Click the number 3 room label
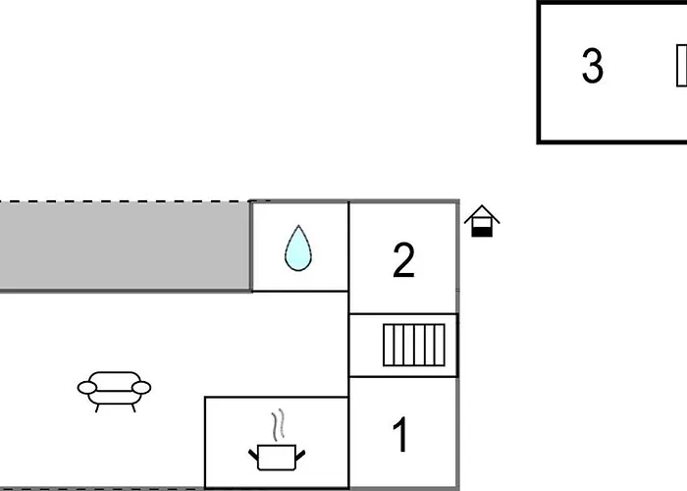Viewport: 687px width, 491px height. click(593, 66)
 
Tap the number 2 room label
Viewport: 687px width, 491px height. click(403, 260)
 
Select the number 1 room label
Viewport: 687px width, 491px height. click(400, 434)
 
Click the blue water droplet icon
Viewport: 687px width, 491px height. click(298, 248)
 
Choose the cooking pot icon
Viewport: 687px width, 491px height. click(277, 458)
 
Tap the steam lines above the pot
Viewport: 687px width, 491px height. click(279, 425)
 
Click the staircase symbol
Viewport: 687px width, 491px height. click(414, 345)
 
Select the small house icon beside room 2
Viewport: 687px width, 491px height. click(482, 221)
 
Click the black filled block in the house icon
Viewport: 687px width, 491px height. click(482, 232)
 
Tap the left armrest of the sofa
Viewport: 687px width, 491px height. click(87, 388)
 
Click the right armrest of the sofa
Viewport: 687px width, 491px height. click(141, 388)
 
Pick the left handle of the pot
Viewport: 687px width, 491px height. click(253, 455)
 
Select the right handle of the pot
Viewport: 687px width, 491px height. click(300, 455)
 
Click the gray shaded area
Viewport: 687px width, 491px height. click(125, 245)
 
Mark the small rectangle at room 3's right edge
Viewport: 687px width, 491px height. click(681, 66)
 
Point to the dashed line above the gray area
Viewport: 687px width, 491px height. click(125, 201)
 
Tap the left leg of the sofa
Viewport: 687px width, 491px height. click(97, 409)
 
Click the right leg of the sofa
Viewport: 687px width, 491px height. click(132, 409)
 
